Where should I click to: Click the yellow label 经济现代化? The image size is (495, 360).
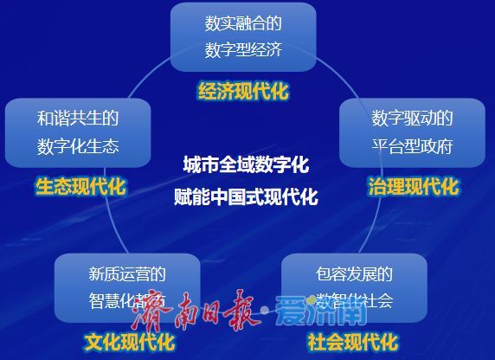(242, 91)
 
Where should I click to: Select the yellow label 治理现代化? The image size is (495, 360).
(413, 186)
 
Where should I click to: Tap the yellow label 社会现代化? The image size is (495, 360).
(352, 341)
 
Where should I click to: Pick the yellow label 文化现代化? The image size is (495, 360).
(129, 341)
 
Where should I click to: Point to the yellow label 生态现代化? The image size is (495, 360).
(80, 186)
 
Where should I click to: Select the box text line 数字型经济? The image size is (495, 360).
(242, 48)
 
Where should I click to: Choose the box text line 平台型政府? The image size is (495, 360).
(412, 145)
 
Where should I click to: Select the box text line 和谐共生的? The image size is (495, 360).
(78, 118)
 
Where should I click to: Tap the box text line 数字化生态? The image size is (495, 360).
(78, 145)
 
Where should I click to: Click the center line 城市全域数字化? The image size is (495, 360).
(246, 164)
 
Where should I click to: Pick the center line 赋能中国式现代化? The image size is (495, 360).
(246, 196)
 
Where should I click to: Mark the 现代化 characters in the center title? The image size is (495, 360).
(294, 196)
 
